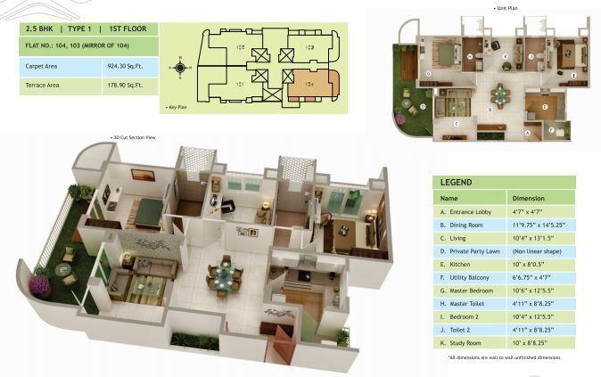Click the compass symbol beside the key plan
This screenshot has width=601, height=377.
coord(180,67)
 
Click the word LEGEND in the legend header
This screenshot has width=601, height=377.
coord(457,183)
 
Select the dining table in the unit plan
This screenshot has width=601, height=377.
coord(498,92)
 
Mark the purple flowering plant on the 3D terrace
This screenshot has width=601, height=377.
coord(39,285)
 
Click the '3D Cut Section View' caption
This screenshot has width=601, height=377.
coord(133,138)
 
